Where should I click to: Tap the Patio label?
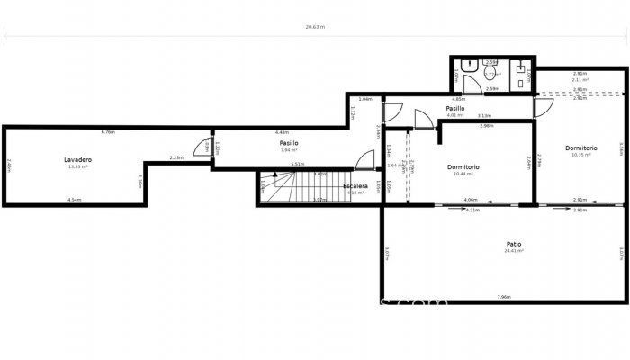pyautogui.click(x=514, y=244)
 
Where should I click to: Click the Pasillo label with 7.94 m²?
pyautogui.click(x=288, y=142)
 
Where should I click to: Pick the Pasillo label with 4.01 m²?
pyautogui.click(x=454, y=108)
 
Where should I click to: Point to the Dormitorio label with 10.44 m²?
pyautogui.click(x=463, y=166)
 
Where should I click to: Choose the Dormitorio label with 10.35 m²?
pyautogui.click(x=580, y=148)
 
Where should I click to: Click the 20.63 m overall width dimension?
pyautogui.click(x=315, y=27)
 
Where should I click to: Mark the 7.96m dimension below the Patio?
pyautogui.click(x=504, y=297)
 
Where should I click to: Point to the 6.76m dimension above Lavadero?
pyautogui.click(x=108, y=132)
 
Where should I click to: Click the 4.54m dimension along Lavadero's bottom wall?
pyautogui.click(x=74, y=200)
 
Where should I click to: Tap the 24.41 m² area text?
pyautogui.click(x=514, y=251)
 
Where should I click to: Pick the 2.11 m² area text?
pyautogui.click(x=580, y=80)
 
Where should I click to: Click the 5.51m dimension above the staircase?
pyautogui.click(x=298, y=164)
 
